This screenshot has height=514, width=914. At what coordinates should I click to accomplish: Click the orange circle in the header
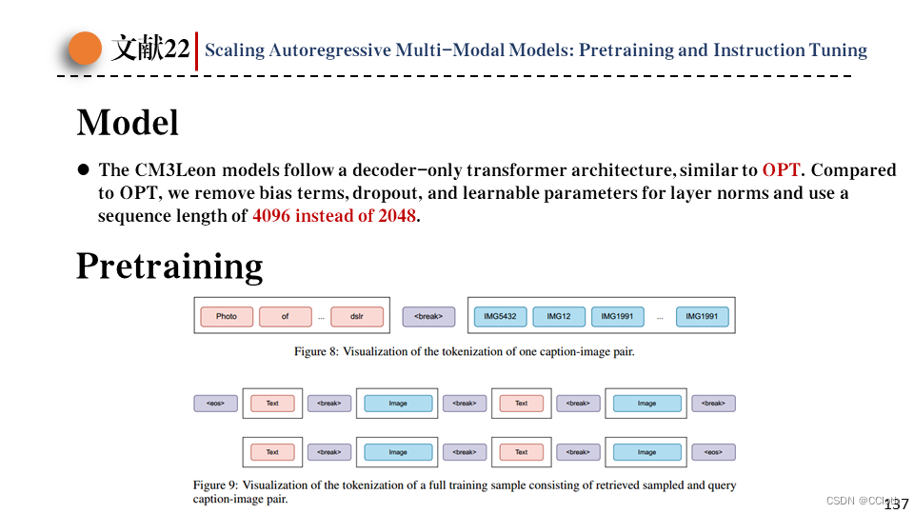point(86,49)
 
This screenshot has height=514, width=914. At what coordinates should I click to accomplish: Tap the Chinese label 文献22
point(150,49)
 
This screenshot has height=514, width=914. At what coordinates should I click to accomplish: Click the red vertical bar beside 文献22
point(196,50)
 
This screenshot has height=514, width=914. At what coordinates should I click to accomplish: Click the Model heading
point(128,123)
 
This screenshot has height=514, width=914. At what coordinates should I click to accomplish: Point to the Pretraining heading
point(169,266)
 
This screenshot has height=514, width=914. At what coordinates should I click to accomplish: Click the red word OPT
point(782,170)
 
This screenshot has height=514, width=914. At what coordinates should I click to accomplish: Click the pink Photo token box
point(227,316)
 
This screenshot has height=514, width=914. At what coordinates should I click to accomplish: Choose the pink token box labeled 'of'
point(285,316)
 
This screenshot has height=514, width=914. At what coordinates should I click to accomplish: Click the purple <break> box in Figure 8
point(428,316)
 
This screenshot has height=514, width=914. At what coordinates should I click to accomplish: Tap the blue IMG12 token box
point(559,316)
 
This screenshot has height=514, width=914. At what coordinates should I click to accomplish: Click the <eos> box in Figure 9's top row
point(215,404)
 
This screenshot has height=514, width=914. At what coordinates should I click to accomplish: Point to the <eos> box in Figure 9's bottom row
point(713,452)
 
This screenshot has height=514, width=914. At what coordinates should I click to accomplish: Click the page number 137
point(897,504)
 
